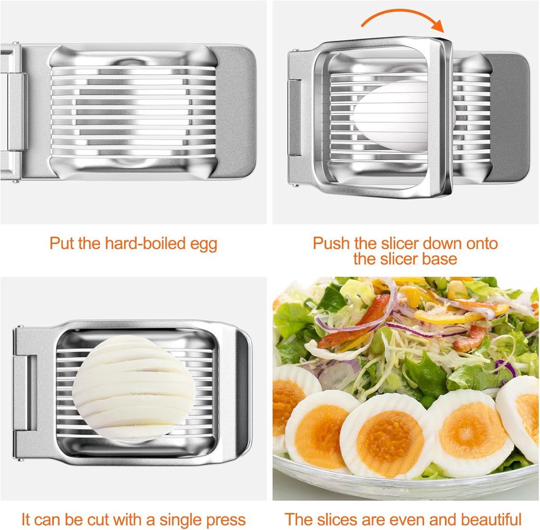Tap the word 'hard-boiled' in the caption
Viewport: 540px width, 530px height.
(145, 243)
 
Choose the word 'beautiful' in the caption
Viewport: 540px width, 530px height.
(491, 511)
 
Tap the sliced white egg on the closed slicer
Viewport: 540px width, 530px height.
(134, 389)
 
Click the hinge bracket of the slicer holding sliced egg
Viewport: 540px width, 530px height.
(25, 393)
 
